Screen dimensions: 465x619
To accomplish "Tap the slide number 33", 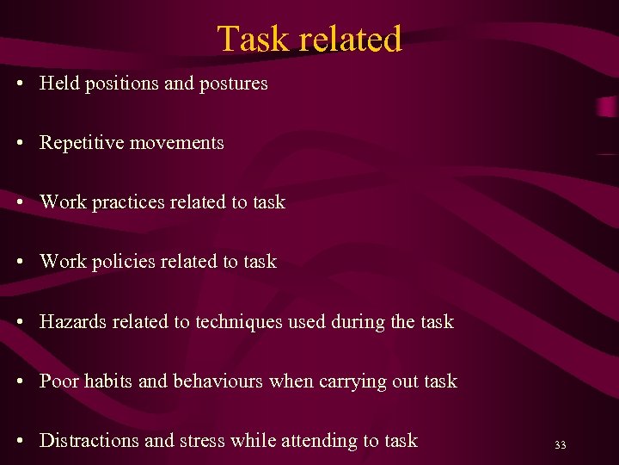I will (561, 445).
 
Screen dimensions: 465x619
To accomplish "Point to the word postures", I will (234, 84).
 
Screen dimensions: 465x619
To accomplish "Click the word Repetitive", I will (82, 143).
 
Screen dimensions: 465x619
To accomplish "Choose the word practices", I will (128, 202).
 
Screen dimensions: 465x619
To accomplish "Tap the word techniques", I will (236, 322).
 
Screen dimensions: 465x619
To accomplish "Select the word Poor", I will (58, 381).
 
